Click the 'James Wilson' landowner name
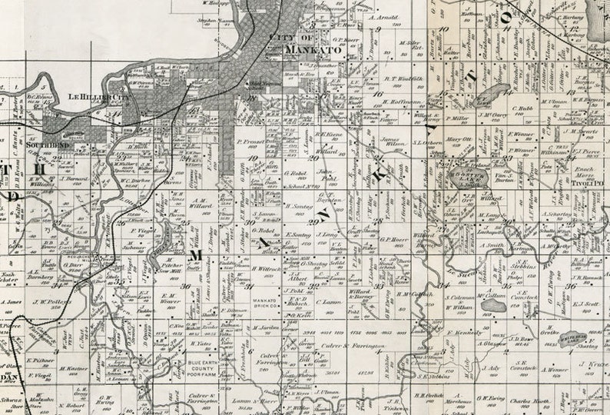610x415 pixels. pos(392,143)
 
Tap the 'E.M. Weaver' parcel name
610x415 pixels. pos(171,298)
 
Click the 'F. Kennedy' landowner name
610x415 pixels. pos(463,333)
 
